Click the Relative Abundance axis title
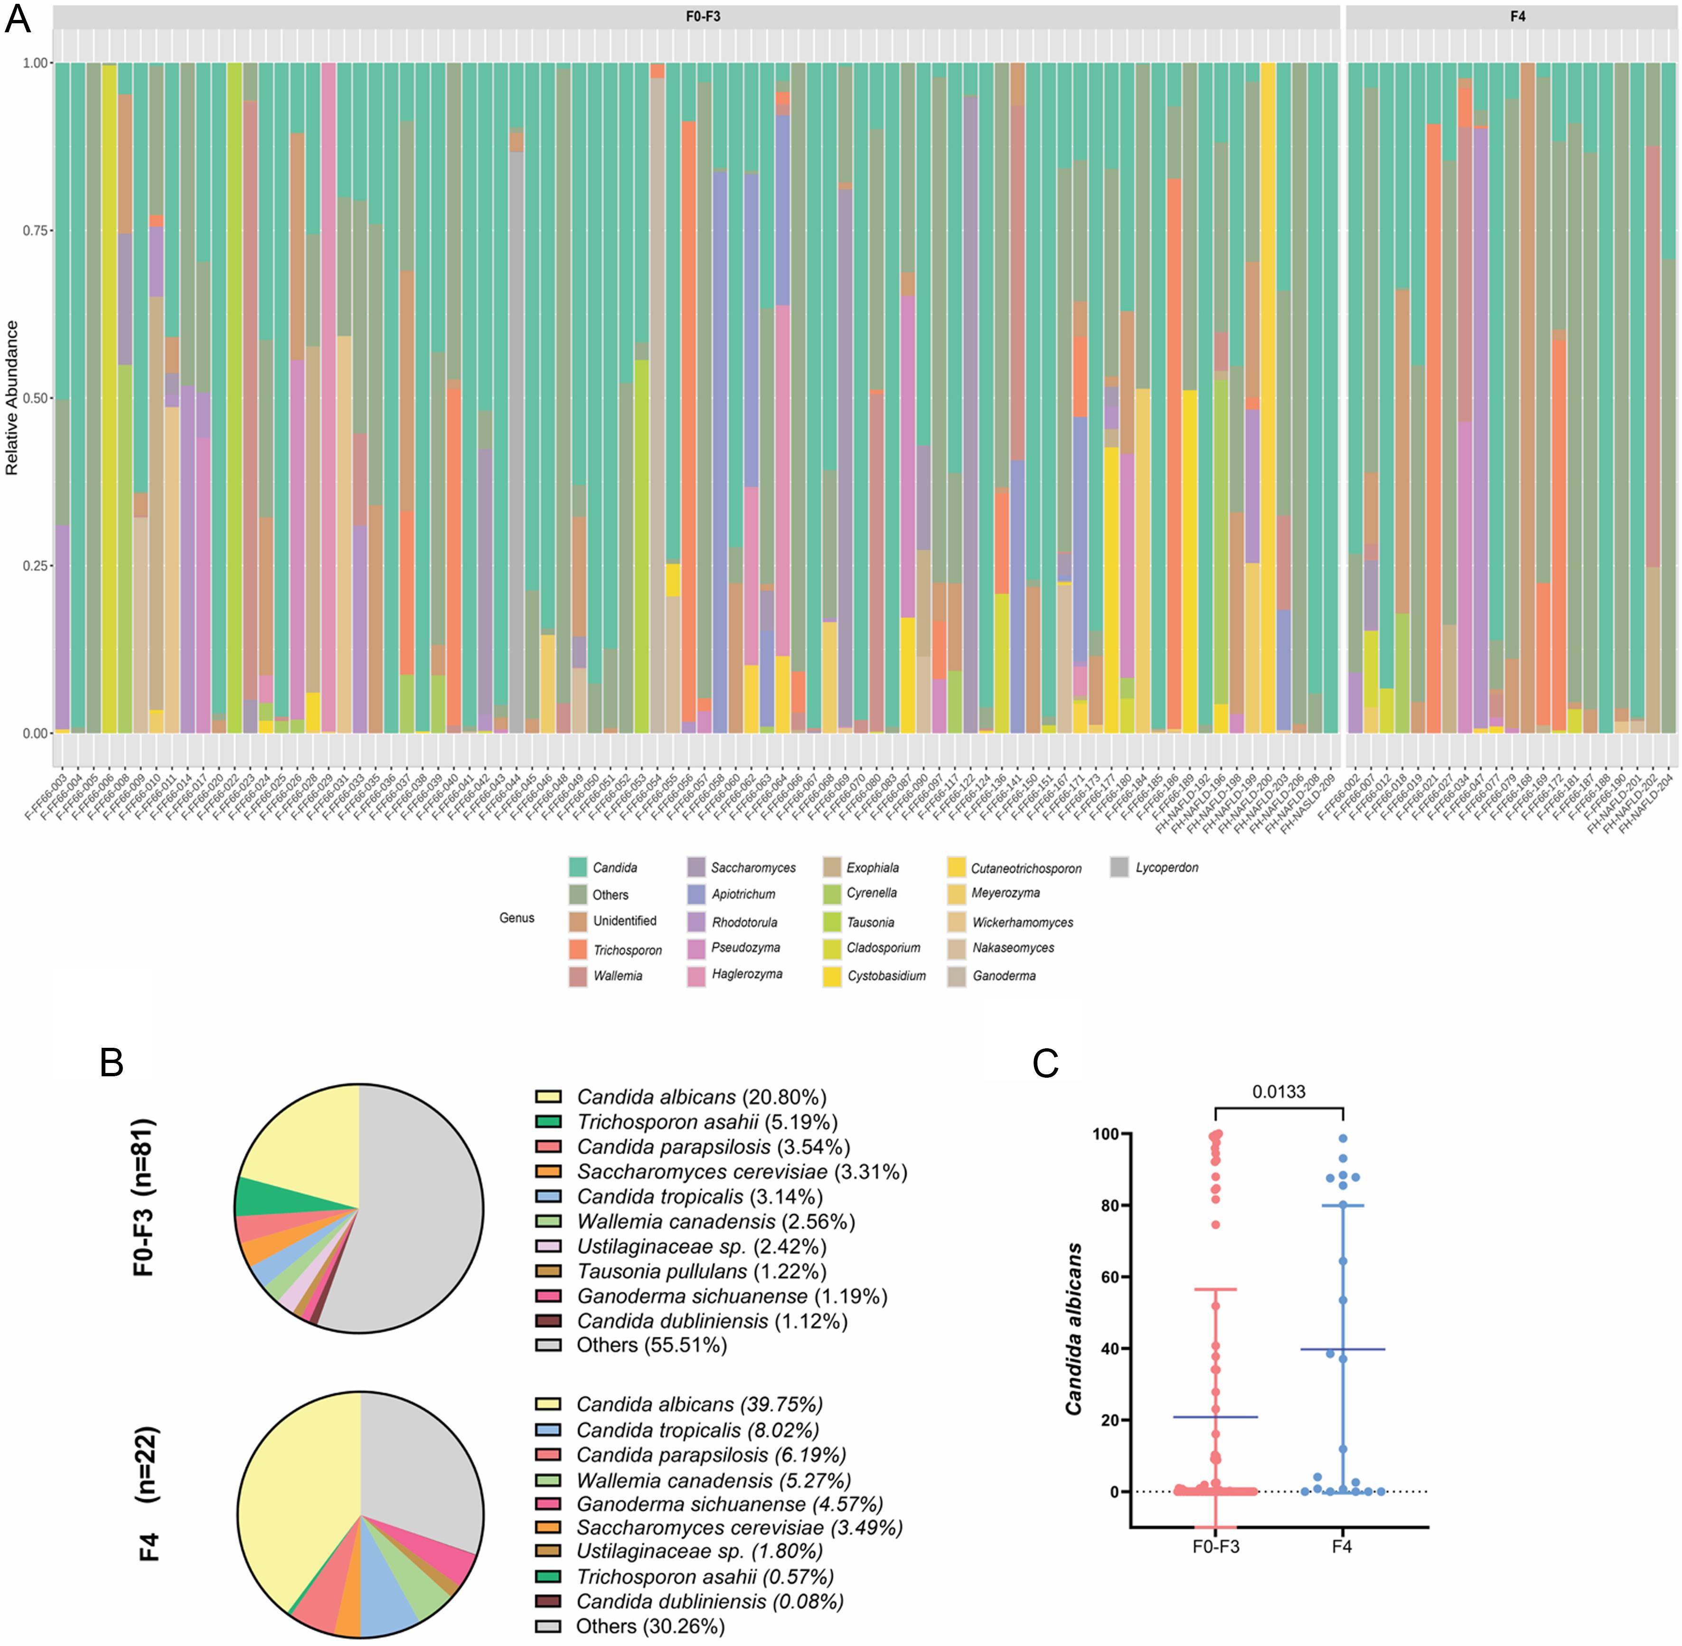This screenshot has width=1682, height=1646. pos(12,398)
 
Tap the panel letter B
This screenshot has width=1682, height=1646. pos(112,1063)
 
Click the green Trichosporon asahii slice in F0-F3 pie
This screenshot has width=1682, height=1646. pos(259,1196)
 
